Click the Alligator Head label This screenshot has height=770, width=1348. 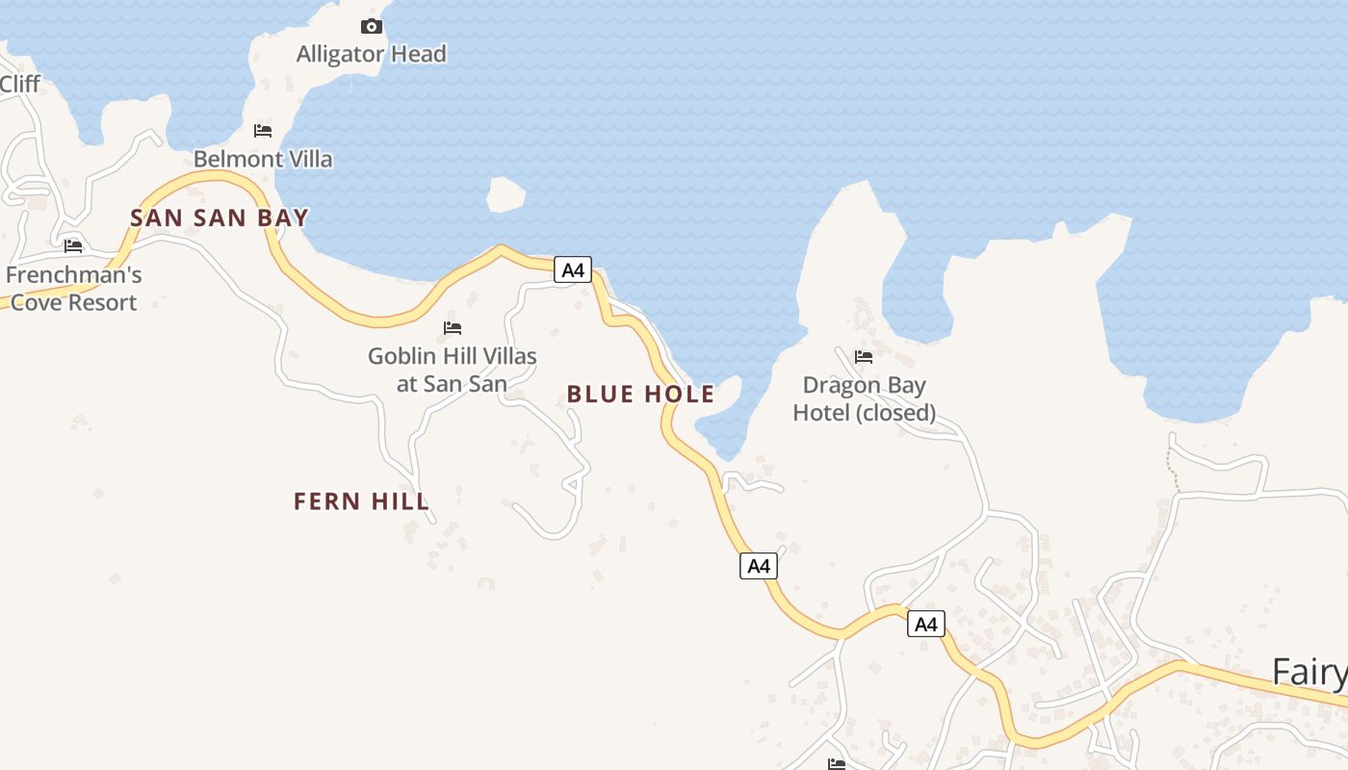[x=371, y=54]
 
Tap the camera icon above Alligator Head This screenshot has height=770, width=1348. [x=372, y=27]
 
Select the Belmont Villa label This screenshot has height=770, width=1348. [x=263, y=159]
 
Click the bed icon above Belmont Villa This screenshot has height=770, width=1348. [x=263, y=131]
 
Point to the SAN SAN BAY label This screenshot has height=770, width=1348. [x=220, y=218]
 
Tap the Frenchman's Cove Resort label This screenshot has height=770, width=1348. [x=73, y=289]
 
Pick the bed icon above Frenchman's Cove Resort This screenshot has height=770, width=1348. [x=73, y=246]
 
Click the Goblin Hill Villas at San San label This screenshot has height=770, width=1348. [x=453, y=370]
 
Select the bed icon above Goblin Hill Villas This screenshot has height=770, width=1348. [x=453, y=328]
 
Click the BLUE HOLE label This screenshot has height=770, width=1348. [x=640, y=394]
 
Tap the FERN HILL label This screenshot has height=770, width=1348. [x=361, y=500]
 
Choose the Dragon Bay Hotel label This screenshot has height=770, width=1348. [x=864, y=398]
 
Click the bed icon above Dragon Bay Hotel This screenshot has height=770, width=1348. [x=864, y=357]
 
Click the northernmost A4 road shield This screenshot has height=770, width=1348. [x=573, y=270]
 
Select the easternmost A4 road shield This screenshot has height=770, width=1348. [x=925, y=625]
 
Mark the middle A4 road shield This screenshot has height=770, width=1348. [x=759, y=566]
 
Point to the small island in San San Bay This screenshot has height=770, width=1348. [x=505, y=195]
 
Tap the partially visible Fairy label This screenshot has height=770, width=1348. [x=1309, y=672]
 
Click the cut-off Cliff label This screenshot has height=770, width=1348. [x=19, y=85]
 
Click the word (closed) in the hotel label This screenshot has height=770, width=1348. [x=897, y=413]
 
